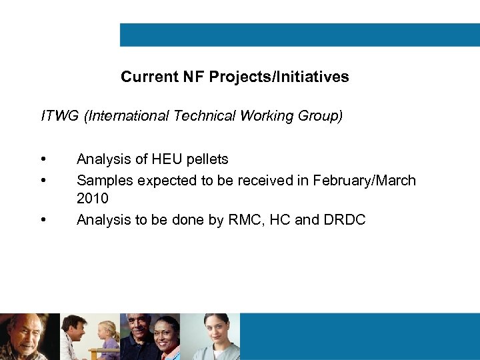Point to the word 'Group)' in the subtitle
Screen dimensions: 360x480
tap(323, 116)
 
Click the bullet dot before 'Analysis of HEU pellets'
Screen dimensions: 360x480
tap(43, 159)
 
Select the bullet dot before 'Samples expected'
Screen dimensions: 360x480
tap(43, 181)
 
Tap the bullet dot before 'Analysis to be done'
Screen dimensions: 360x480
tap(43, 220)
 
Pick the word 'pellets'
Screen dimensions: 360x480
tap(208, 159)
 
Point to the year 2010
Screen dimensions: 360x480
tap(93, 199)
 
